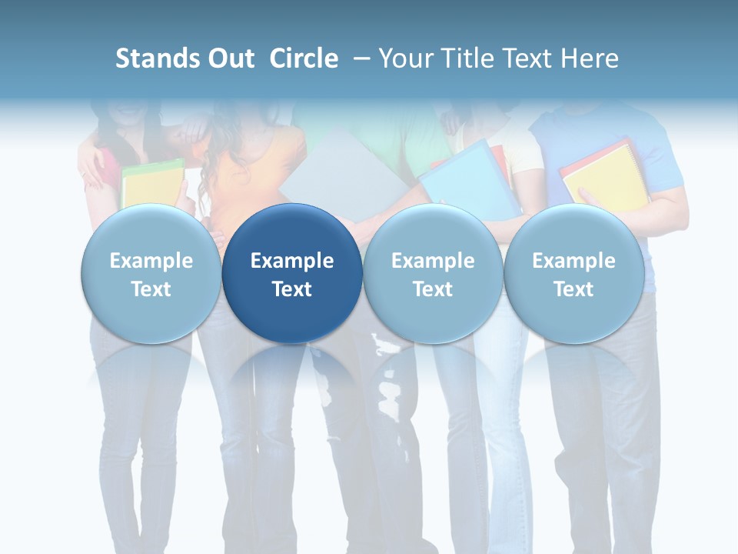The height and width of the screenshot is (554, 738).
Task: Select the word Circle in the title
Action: click(304, 58)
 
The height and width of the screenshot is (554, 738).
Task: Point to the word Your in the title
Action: click(405, 58)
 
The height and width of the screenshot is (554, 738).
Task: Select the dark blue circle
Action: click(292, 273)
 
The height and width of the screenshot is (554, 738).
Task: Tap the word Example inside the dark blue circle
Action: click(292, 261)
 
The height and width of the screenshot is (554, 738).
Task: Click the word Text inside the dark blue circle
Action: click(292, 289)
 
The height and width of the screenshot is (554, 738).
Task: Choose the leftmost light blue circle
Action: click(151, 273)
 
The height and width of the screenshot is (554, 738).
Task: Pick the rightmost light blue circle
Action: click(573, 273)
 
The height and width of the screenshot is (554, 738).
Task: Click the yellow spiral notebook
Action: click(605, 177)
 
